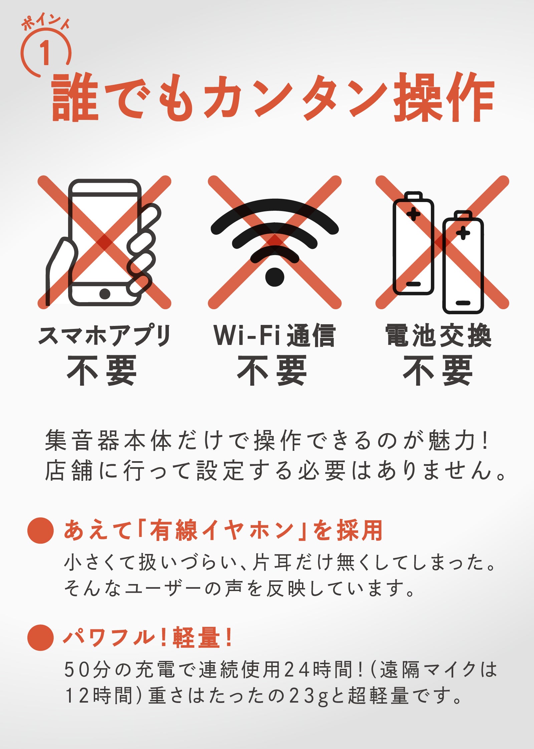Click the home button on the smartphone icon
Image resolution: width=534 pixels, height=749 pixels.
point(105,294)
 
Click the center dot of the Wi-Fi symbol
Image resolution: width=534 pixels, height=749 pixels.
point(274,277)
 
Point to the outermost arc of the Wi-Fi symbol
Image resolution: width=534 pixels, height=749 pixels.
point(274,205)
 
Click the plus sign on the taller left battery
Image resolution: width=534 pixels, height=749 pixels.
point(413,214)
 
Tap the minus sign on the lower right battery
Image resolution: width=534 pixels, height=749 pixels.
point(463,303)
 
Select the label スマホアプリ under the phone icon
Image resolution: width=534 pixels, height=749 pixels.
point(104,336)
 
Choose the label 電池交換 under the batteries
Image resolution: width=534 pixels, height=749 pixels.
point(438,336)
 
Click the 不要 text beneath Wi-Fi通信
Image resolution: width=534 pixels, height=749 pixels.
point(272,370)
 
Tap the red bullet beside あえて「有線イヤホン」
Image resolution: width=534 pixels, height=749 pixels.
point(40,530)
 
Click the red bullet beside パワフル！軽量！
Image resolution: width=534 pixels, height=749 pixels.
point(40,637)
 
